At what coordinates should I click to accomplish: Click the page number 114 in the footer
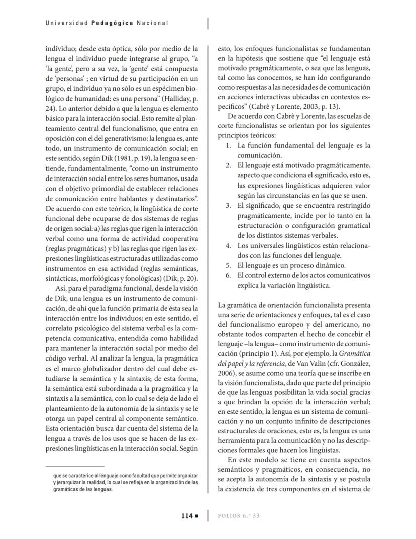click(x=187, y=515)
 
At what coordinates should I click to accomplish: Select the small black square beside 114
click(x=197, y=516)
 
